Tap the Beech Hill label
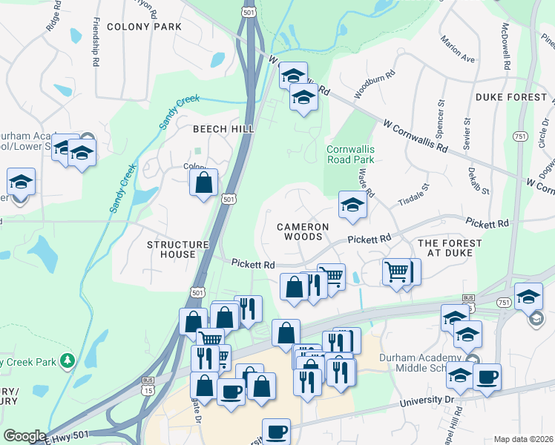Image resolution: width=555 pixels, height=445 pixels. pos(223,129)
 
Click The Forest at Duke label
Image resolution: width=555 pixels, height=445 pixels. pos(450,248)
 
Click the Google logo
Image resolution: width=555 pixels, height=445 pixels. pos(24,436)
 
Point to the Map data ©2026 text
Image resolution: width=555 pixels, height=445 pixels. pos(523,439)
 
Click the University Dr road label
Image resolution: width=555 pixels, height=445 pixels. pos(427,400)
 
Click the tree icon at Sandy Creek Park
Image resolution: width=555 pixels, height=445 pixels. pos(68,360)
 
